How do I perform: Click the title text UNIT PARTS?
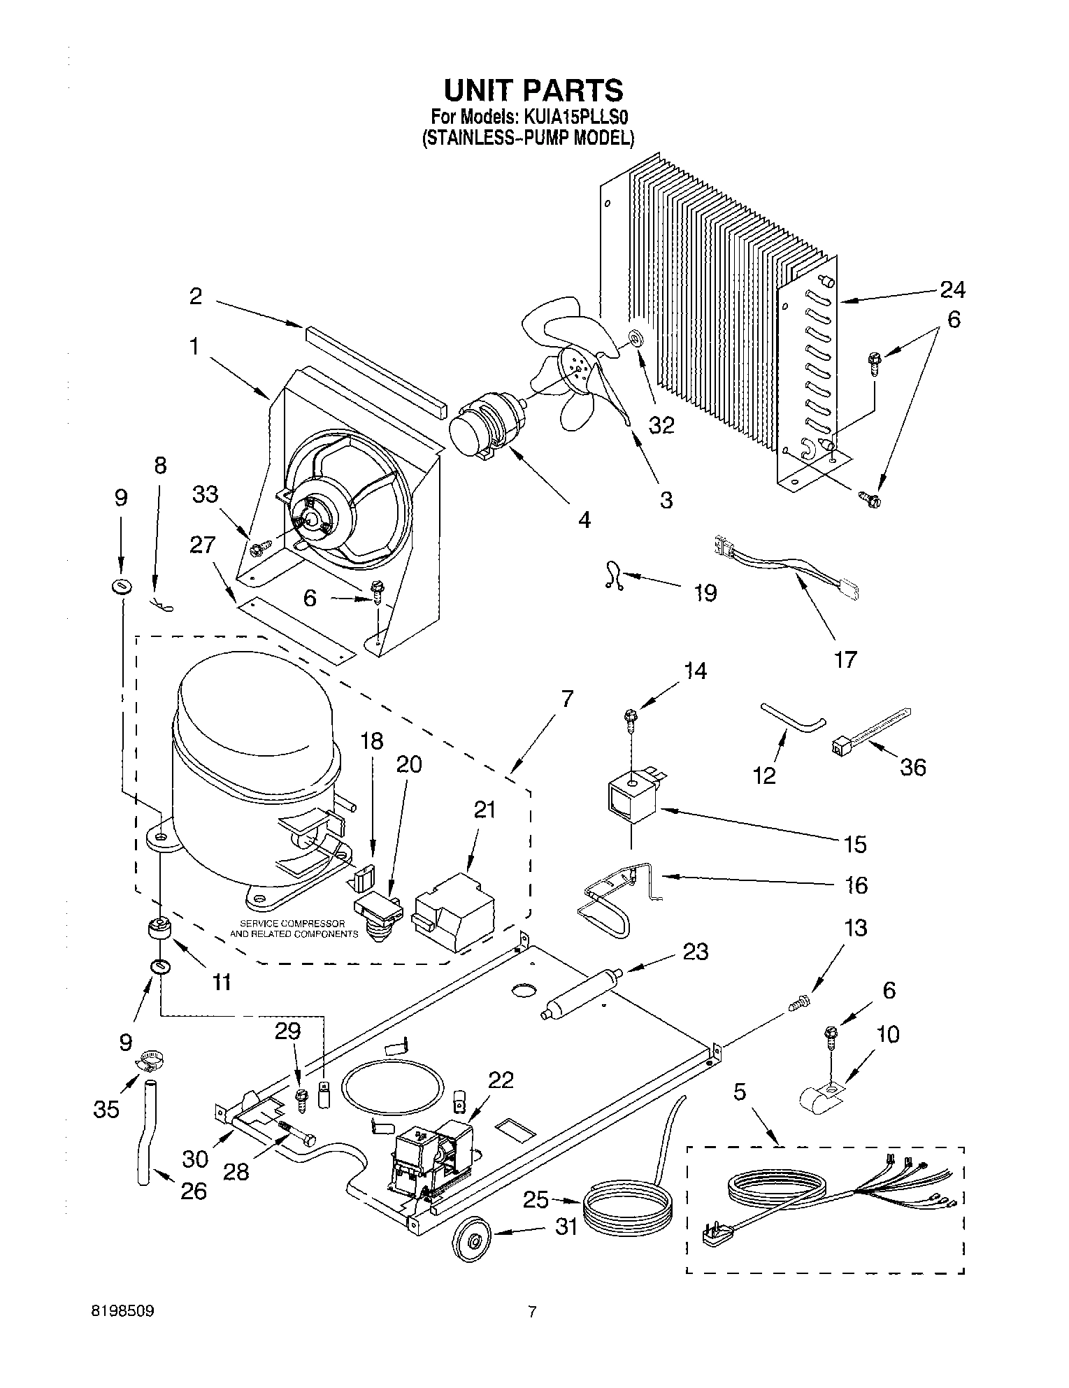coord(533,91)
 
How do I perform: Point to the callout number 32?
coord(662,424)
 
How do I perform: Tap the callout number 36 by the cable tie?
coord(912,767)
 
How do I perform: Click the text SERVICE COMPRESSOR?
coord(292,924)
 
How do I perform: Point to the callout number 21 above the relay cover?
coord(484,810)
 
